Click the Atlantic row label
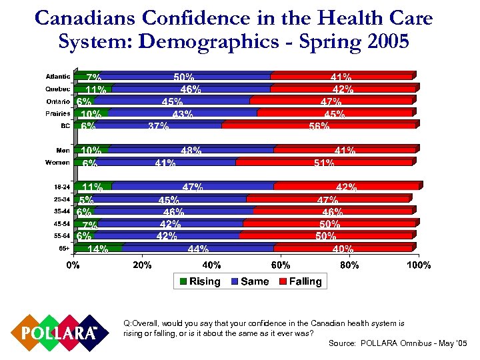pyautogui.click(x=57, y=77)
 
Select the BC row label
pyautogui.click(x=63, y=125)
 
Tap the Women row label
pyautogui.click(x=57, y=163)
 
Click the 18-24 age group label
pyautogui.click(x=61, y=187)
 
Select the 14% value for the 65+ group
pyautogui.click(x=98, y=249)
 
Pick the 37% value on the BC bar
pyautogui.click(x=158, y=127)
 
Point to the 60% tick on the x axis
pyautogui.click(x=281, y=265)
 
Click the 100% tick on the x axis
pyautogui.click(x=419, y=265)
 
